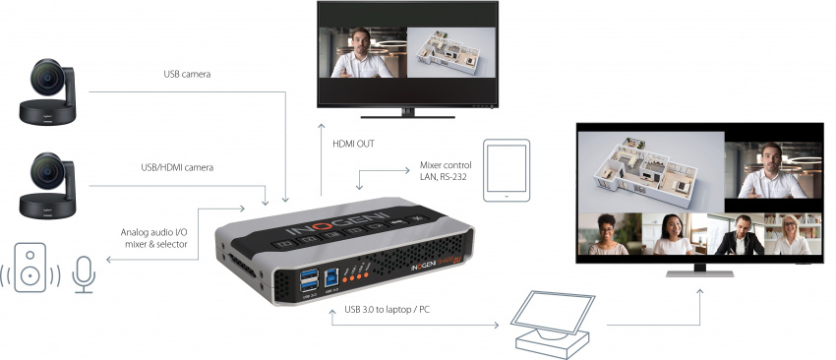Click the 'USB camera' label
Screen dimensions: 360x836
point(187,74)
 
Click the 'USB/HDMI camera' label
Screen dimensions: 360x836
point(178,167)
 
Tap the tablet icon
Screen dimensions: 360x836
point(507,169)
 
